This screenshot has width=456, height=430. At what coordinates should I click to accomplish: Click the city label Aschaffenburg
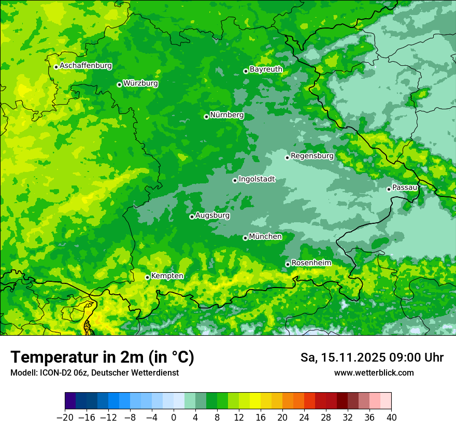85,66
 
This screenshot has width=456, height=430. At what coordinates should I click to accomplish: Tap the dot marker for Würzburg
119,84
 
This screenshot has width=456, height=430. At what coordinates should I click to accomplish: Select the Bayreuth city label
266,69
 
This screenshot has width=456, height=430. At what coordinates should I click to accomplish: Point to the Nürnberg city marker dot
206,117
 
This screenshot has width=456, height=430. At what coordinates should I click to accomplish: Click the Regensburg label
312,155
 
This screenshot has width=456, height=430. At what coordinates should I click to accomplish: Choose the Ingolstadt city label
256,179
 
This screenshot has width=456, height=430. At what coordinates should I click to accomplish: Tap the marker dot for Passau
389,189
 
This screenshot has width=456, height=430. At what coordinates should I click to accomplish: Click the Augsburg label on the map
212,215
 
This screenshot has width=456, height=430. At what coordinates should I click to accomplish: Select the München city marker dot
245,238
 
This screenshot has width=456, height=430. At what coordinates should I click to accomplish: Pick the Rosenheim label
311,263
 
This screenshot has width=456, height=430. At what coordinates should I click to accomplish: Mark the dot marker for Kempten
147,277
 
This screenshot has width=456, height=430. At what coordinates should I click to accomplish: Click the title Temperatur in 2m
102,357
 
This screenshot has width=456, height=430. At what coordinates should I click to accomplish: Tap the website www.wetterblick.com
374,372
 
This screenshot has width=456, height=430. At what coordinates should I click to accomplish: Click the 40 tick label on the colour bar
391,417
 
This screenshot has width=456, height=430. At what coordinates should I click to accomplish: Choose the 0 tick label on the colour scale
174,417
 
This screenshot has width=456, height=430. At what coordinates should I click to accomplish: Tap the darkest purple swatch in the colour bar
70,401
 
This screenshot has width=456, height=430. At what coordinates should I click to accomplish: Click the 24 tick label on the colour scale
304,417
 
